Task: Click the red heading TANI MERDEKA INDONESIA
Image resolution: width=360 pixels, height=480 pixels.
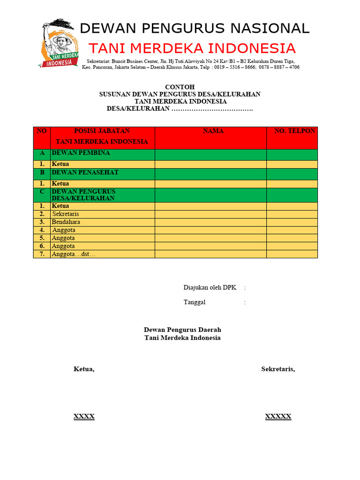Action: (x=192, y=49)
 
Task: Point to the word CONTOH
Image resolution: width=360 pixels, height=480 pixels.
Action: (x=180, y=87)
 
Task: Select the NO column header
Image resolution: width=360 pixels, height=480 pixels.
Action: (x=42, y=131)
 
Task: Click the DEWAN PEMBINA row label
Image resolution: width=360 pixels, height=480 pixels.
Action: (x=81, y=153)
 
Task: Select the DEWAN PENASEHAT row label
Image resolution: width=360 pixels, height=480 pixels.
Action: (x=85, y=172)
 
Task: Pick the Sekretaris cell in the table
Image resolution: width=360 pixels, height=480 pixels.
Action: (x=66, y=214)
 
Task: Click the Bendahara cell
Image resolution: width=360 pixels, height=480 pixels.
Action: (x=66, y=222)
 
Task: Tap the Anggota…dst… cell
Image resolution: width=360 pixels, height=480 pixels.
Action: (x=74, y=254)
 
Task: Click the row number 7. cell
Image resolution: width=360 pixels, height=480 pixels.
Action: (x=42, y=254)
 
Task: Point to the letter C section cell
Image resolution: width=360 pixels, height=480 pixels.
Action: (x=42, y=192)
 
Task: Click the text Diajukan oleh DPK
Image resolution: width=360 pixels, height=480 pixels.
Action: (x=210, y=288)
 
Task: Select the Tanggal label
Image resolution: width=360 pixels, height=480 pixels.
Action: (x=195, y=302)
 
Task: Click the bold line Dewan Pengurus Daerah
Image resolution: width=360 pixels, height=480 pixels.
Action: (x=182, y=330)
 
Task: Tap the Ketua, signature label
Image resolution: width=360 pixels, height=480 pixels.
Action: (x=84, y=369)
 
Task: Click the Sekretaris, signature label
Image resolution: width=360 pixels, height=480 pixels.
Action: (x=278, y=369)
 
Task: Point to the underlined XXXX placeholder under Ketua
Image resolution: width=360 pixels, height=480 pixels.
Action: (x=84, y=417)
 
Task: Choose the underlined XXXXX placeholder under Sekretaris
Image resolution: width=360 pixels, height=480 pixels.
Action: (x=278, y=417)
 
